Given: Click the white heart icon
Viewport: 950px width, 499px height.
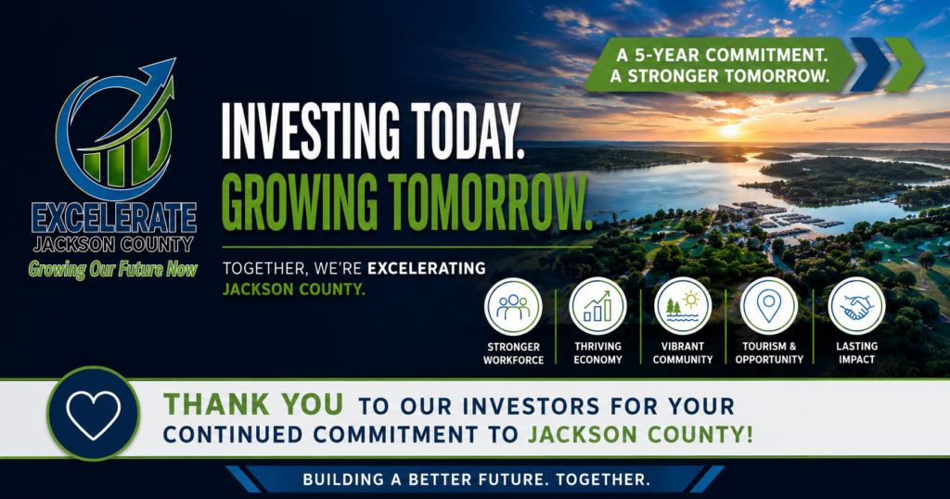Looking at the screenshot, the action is tap(94, 415).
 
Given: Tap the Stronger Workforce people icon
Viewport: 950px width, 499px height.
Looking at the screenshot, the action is tap(513, 306).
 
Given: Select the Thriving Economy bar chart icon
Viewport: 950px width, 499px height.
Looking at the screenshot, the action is tap(597, 306).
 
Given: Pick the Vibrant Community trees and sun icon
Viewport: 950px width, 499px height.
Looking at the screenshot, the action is tap(682, 306).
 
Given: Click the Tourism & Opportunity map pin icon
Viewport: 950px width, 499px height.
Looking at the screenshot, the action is tap(769, 306).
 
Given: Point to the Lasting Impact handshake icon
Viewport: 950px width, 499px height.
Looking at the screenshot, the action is tap(856, 306).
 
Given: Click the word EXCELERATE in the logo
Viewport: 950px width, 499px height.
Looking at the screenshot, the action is tap(114, 219).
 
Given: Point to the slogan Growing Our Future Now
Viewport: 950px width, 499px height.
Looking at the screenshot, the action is tap(112, 269).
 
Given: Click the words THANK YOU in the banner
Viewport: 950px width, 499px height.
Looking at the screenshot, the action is tap(253, 404).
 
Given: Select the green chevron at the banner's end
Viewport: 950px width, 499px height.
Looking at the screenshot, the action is tap(904, 64).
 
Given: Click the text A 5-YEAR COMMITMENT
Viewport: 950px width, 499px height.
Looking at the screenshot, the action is tap(722, 55).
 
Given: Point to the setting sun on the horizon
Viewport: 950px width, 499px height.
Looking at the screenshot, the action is tap(729, 130).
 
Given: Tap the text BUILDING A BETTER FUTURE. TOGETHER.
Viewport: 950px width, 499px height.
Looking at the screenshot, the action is tap(476, 480).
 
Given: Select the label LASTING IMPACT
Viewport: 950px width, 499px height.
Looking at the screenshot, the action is tap(856, 352).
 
